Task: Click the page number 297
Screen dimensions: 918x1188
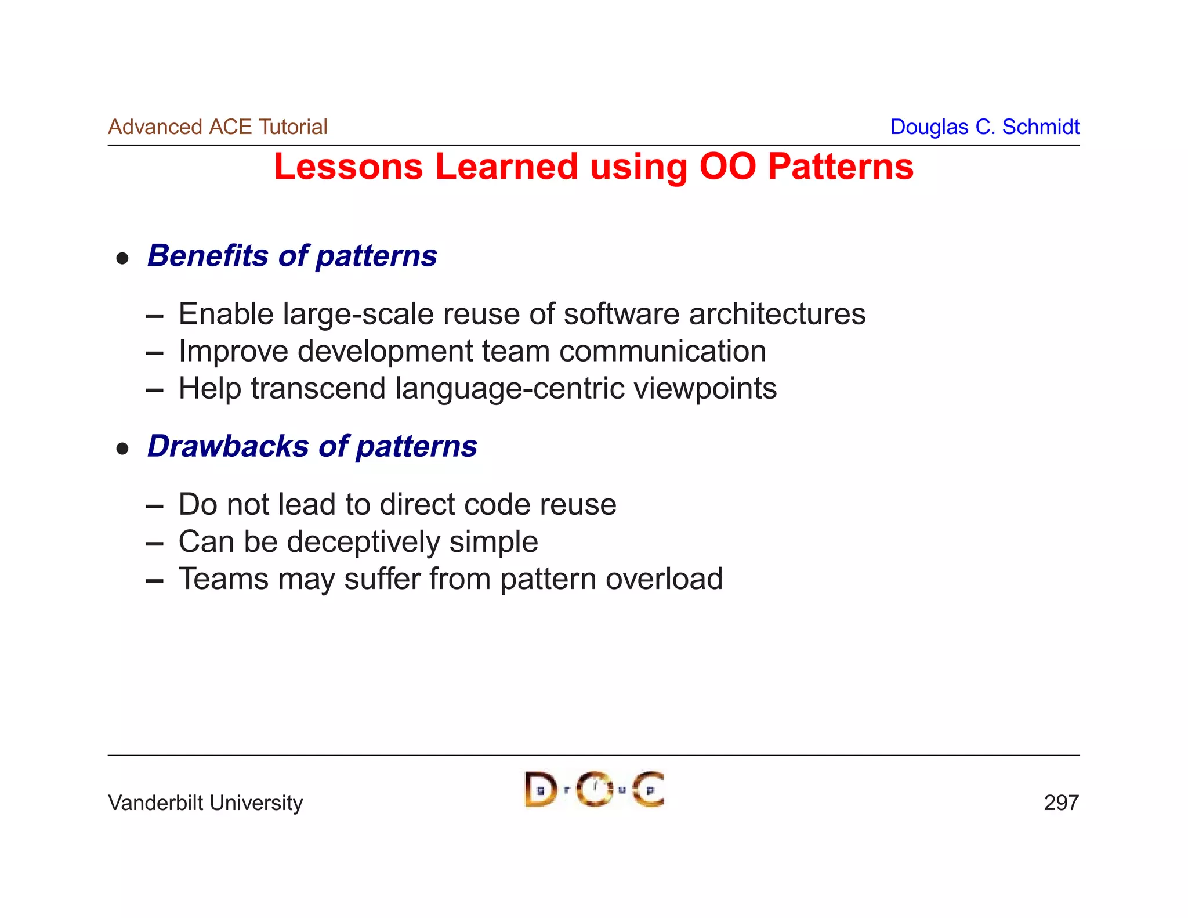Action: [1061, 803]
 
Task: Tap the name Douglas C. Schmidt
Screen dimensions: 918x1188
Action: [984, 127]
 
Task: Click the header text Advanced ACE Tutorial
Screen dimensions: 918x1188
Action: [218, 127]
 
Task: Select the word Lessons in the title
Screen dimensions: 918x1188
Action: [349, 167]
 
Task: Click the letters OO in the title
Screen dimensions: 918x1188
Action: [727, 167]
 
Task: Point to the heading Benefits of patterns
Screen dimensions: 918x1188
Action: [292, 256]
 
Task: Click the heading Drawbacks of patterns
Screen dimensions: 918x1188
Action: [312, 446]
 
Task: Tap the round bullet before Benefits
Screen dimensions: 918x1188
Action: [122, 259]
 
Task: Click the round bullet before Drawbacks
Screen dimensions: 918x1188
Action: [122, 449]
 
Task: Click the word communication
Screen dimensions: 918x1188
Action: [662, 351]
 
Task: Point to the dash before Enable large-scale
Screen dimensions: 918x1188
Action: [154, 317]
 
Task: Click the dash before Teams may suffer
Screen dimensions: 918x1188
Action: [154, 581]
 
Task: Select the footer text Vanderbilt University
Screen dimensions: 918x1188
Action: [205, 803]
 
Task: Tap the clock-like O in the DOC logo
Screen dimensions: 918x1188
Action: [595, 789]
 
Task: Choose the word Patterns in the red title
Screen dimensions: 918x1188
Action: [841, 167]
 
